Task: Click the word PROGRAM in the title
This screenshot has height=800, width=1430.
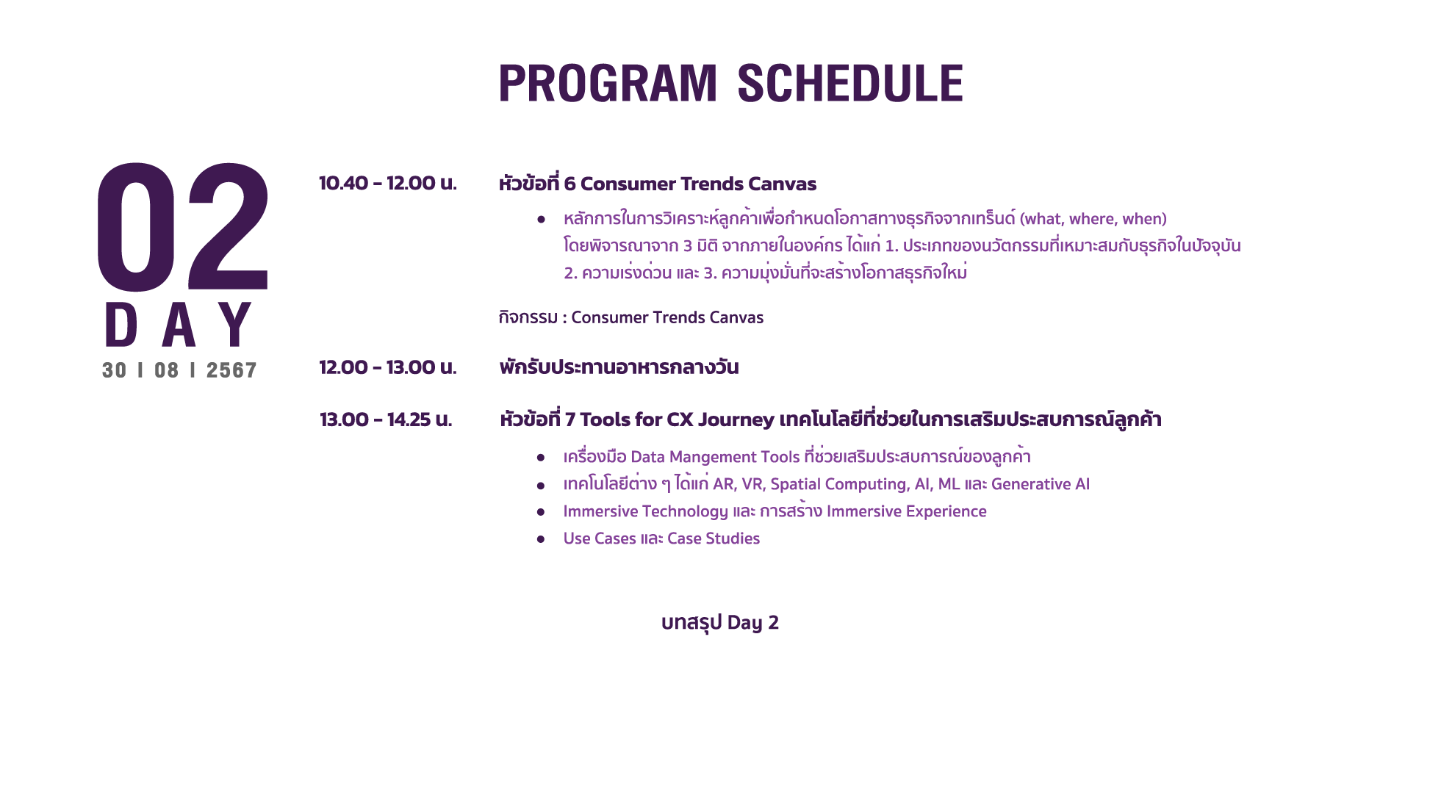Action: click(x=608, y=83)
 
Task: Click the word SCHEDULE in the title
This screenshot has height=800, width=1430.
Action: click(x=850, y=83)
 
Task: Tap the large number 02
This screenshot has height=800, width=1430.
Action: click(x=183, y=227)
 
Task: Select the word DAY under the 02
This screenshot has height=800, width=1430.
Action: click(x=179, y=324)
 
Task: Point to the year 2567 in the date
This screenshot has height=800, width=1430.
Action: click(x=231, y=370)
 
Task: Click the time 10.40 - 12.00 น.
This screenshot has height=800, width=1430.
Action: click(x=388, y=183)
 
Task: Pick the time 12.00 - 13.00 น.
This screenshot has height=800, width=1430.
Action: click(x=388, y=367)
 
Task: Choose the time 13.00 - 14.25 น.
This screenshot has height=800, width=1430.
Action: click(x=386, y=419)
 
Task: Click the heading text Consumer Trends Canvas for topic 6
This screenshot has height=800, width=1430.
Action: click(x=698, y=184)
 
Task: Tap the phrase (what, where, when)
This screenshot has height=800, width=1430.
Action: click(x=1093, y=219)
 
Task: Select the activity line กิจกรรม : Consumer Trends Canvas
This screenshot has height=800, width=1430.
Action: click(x=630, y=317)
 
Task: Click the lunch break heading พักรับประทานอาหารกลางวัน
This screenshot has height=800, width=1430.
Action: click(x=619, y=367)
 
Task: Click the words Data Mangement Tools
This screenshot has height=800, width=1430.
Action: click(x=715, y=457)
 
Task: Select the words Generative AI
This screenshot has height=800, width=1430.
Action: click(x=1041, y=484)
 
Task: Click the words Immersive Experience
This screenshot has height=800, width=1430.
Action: click(x=907, y=511)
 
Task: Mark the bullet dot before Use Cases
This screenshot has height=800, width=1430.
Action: click(x=541, y=539)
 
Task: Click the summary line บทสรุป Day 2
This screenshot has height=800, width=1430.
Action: click(x=720, y=623)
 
